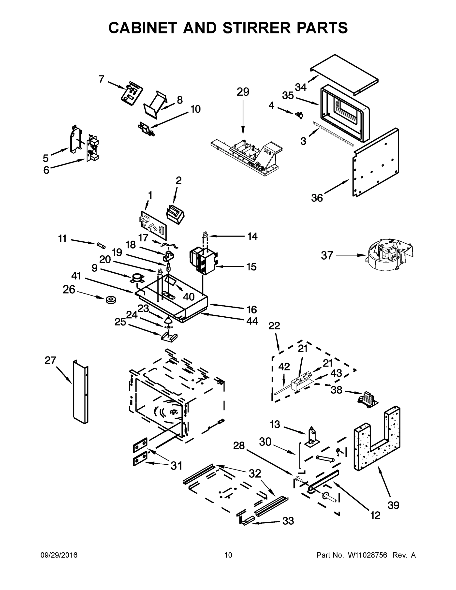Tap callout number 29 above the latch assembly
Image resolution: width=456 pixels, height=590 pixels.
tap(243, 92)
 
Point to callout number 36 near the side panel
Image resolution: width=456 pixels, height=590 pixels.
tap(317, 198)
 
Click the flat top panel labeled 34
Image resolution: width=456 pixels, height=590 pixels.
tap(344, 74)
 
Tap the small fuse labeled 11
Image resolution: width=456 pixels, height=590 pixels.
tap(101, 246)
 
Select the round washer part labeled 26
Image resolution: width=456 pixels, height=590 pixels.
tap(111, 300)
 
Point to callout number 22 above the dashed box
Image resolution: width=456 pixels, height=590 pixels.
tap(274, 326)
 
